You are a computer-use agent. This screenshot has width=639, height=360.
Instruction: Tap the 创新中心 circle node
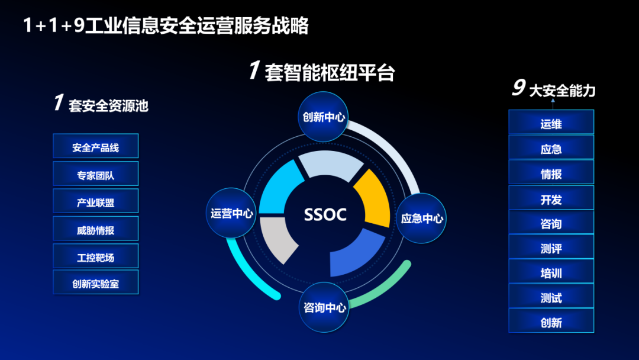coord(323,117)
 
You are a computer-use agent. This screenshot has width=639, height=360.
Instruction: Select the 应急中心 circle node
coord(421,218)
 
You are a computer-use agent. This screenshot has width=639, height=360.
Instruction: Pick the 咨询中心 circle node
coord(324,307)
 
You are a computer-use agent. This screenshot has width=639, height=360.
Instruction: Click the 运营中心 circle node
coord(231,213)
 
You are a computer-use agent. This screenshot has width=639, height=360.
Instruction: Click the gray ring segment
coord(277,239)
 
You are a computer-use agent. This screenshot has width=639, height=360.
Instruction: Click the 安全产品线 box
coord(96,146)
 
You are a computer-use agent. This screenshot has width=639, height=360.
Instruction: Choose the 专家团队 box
coord(96,173)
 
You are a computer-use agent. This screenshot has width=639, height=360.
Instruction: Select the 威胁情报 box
coord(96,229)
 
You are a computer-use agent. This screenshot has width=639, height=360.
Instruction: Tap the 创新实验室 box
coord(96,282)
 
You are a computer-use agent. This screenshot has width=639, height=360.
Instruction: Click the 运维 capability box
coord(551,122)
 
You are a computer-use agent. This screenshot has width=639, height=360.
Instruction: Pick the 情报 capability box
coord(551,172)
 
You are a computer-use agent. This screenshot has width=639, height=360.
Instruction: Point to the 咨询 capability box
coord(551,222)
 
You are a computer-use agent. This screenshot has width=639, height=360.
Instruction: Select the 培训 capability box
coord(551,272)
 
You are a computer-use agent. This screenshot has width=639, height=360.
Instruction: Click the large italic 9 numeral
coord(519,87)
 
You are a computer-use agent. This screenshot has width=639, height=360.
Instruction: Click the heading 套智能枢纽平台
coord(330,73)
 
